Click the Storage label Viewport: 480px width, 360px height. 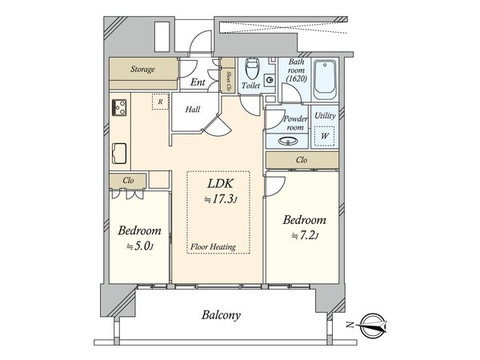(142, 69)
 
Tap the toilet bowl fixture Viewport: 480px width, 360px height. (253, 68)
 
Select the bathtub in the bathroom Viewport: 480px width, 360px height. (325, 80)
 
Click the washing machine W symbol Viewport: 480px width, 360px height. (325, 136)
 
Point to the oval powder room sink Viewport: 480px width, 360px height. (288, 141)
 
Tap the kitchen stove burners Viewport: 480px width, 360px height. (119, 107)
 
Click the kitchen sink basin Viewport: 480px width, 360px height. (119, 154)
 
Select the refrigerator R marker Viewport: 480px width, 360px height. (160, 102)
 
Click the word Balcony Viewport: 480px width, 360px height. (221, 315)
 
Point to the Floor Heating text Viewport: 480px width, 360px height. (213, 246)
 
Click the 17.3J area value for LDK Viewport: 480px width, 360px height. (221, 199)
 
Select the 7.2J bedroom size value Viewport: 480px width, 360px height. (305, 235)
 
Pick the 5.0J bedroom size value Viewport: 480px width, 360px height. (140, 246)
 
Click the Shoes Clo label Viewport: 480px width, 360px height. (228, 81)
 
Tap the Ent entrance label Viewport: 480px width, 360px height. (198, 82)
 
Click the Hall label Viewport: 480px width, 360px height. (193, 110)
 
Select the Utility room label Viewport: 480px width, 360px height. (325, 116)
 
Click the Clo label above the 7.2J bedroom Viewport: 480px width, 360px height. (302, 160)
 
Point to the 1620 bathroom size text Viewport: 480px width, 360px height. (297, 78)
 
